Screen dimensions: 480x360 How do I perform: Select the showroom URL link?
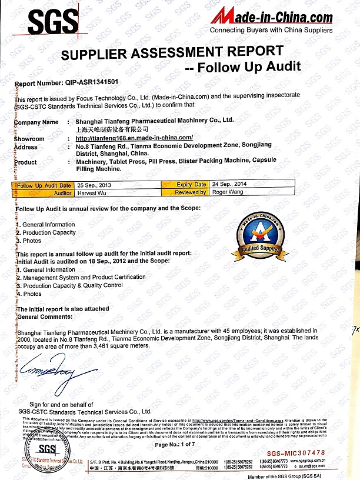(x=130, y=138)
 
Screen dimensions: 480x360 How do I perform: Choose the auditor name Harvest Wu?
(x=91, y=192)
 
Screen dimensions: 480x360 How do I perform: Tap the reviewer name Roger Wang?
(x=226, y=192)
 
